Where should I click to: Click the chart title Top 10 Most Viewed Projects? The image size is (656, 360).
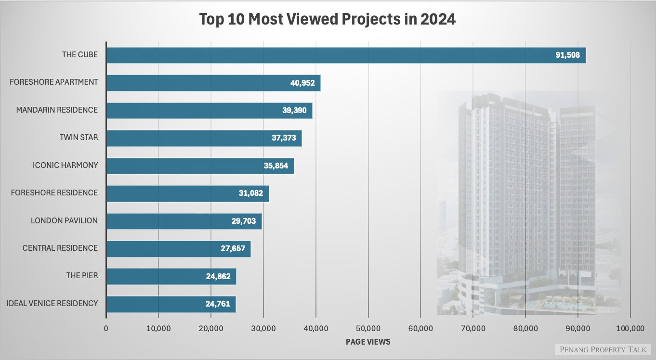coord(328,19)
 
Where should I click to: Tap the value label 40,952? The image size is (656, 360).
coord(302,83)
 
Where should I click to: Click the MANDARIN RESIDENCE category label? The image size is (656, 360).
coord(57,110)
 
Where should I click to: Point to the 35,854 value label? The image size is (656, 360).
coord(276,166)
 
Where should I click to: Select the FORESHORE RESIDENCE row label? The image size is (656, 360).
coord(54,193)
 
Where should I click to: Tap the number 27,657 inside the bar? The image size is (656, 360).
coord(233,248)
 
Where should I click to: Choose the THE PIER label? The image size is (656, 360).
coord(82,276)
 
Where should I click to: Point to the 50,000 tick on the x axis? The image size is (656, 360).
coord(368,329)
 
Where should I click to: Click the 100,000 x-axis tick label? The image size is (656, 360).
coord(630,329)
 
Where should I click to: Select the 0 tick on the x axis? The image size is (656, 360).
coord(106,329)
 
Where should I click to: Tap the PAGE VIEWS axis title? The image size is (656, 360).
coord(368,342)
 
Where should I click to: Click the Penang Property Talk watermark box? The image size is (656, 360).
coord(603,350)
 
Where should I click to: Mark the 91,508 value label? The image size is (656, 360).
coord(570,55)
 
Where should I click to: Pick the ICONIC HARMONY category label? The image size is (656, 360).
coord(65,166)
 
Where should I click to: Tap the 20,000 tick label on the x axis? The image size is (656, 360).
coord(211,329)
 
